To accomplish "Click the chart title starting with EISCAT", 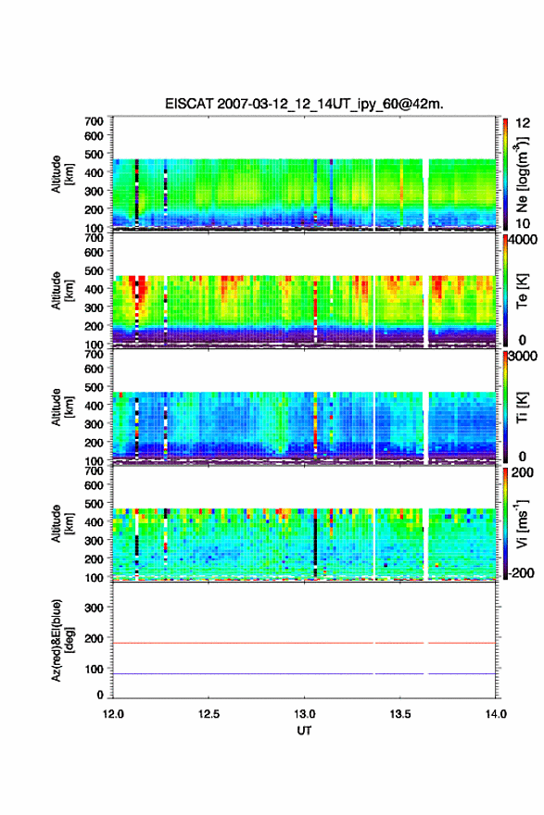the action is (x=304, y=104).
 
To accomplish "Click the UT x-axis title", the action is (x=304, y=731).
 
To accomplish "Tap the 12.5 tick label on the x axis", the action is (x=209, y=714).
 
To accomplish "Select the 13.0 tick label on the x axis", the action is (x=304, y=714).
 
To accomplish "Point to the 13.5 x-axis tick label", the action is (x=400, y=714).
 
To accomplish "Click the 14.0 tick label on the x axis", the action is (x=496, y=714).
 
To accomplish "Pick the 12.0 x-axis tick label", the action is (x=113, y=714).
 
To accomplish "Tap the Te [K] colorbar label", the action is (x=522, y=292).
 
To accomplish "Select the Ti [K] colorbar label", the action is (x=522, y=407).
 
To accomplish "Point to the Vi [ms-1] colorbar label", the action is (x=522, y=523).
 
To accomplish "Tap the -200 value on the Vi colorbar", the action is (x=521, y=572).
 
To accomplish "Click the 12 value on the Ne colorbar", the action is (x=523, y=123).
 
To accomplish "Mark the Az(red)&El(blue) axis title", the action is (x=62, y=640).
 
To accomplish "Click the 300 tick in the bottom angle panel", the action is (x=95, y=608).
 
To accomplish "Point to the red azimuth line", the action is (x=304, y=643).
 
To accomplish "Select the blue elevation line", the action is (x=304, y=673).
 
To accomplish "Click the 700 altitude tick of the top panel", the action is (x=95, y=121).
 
